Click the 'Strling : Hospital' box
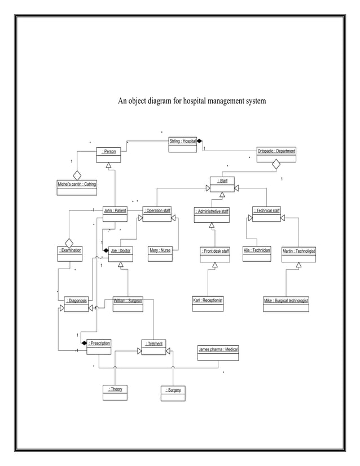(183, 144)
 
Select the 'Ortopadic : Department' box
(276, 154)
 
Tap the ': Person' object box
(108, 154)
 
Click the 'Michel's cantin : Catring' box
(77, 187)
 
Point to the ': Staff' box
(222, 184)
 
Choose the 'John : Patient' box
(115, 214)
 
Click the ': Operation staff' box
(157, 214)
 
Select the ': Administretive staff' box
(212, 214)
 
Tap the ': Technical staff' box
(266, 214)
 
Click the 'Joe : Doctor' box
(121, 254)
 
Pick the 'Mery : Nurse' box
(160, 253)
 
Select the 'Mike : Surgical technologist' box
(286, 304)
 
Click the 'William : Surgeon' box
(128, 304)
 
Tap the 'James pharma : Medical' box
(218, 353)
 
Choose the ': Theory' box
(115, 392)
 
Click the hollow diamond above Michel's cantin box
(77, 175)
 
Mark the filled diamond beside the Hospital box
(200, 141)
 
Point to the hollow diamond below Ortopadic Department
(276, 165)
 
